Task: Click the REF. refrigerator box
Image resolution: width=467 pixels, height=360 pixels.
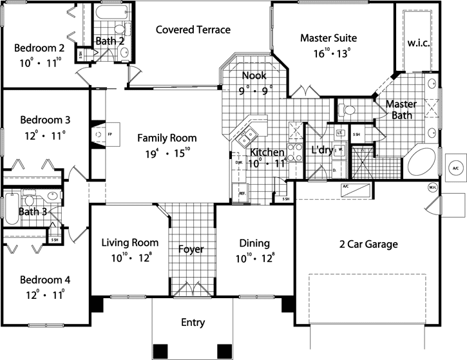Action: click(243, 193)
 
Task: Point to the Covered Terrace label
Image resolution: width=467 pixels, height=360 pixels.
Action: click(193, 30)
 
